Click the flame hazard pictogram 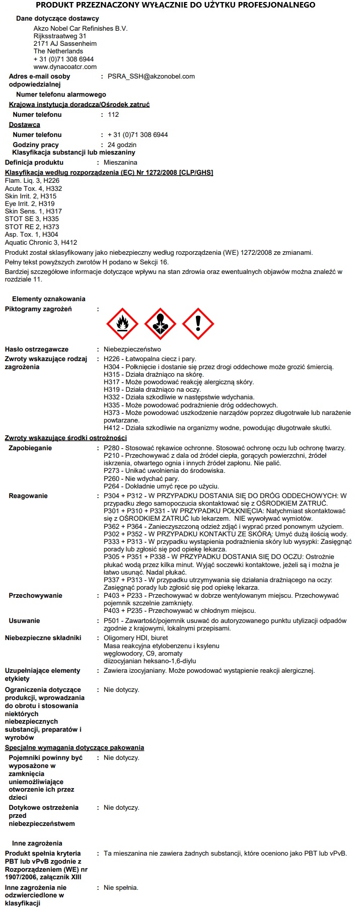tap(122, 324)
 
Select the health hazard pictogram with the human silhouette tap(160, 324)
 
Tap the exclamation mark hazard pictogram tap(198, 324)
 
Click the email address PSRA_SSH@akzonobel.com tap(151, 77)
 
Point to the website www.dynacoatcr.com tap(65, 66)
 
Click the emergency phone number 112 tap(113, 115)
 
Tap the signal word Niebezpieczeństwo tap(132, 349)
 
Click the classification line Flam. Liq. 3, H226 tap(32, 181)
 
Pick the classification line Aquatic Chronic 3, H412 tap(41, 243)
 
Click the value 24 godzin tap(122, 145)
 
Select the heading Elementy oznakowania tap(49, 299)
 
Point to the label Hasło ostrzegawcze tap(37, 349)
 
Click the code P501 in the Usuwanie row tap(112, 621)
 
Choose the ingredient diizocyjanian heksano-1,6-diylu tap(150, 661)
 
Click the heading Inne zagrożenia tap(37, 844)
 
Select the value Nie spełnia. tap(121, 888)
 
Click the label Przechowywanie tap(36, 596)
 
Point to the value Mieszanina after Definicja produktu tap(120, 163)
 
